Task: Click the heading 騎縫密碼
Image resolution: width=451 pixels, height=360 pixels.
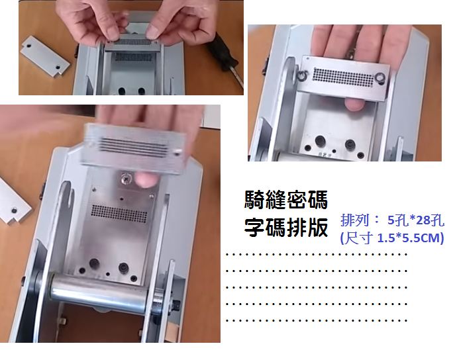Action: tap(286, 200)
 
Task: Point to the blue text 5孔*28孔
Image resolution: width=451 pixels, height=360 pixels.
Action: tap(416, 220)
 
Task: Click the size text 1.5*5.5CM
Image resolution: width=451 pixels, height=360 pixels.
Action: tap(409, 238)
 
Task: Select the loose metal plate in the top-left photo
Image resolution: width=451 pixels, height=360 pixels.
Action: tap(45, 56)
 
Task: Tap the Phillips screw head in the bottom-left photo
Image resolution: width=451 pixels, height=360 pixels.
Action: tap(126, 179)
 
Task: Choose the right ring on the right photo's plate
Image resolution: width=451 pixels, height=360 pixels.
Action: tap(380, 77)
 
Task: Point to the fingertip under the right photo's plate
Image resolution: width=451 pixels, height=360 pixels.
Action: tap(354, 104)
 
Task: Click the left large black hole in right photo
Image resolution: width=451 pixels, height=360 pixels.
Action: tap(320, 141)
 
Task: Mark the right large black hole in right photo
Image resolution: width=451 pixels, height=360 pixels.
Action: tap(350, 144)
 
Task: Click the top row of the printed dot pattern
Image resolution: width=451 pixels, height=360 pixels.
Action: tap(317, 254)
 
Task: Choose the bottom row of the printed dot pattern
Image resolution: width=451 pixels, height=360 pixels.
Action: tap(317, 320)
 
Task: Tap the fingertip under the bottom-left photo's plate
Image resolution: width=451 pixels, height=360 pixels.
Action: tap(146, 179)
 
